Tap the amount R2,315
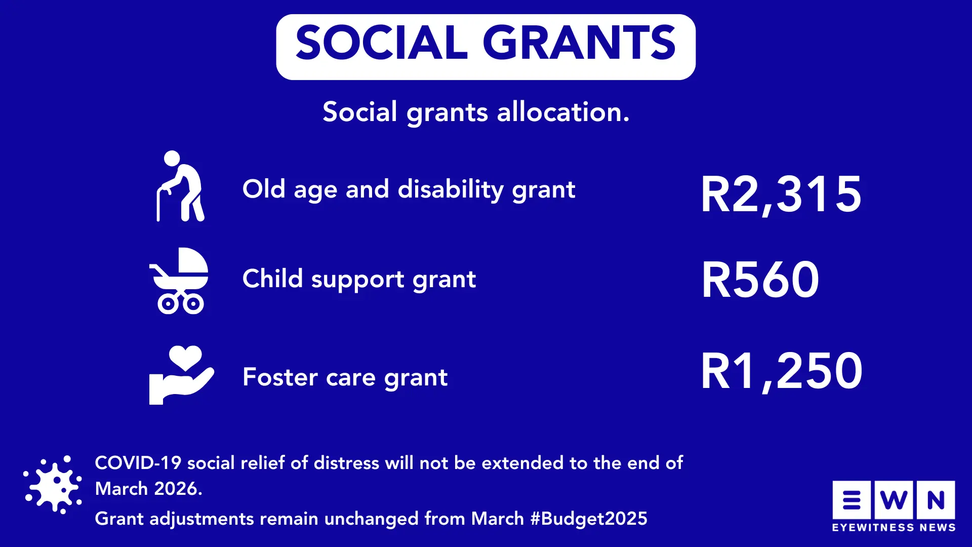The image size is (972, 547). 781,195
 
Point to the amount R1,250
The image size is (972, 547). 782,371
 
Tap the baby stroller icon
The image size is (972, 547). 179,281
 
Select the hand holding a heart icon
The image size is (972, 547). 181,375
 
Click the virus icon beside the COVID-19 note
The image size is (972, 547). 53,485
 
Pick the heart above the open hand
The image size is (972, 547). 185,358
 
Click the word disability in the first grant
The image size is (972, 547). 451,190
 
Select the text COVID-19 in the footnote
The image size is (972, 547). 138,462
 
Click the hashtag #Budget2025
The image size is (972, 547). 589,519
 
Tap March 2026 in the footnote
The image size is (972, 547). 148,489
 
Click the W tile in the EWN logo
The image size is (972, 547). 894,500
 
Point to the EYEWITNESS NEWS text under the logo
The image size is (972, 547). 894,528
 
